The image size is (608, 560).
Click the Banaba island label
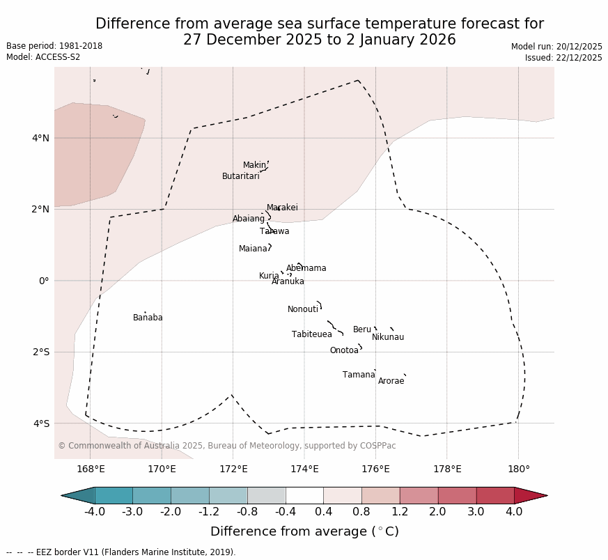[x=148, y=318]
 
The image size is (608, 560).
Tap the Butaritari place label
[x=240, y=176]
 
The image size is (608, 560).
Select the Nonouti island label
[x=303, y=309]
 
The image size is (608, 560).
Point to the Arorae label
[x=391, y=381]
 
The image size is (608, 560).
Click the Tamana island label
[x=359, y=375]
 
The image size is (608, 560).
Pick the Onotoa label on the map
[x=344, y=350]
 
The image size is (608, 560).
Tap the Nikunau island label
[x=388, y=337]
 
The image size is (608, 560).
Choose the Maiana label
[x=253, y=249]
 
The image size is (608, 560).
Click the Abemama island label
[x=306, y=268]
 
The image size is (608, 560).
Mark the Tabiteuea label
[x=312, y=334]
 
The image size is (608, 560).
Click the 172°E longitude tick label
[x=233, y=469]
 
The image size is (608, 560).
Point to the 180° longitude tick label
[x=519, y=469]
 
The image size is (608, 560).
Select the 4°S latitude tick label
[x=40, y=423]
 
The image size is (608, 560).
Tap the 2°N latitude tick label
[x=40, y=209]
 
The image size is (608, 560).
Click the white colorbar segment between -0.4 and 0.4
[x=304, y=495]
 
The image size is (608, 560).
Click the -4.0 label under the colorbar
[x=95, y=512]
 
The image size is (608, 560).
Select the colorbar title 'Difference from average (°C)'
[x=304, y=531]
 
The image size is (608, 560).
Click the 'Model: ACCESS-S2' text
[x=43, y=57]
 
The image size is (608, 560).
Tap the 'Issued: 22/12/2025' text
[x=563, y=58]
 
